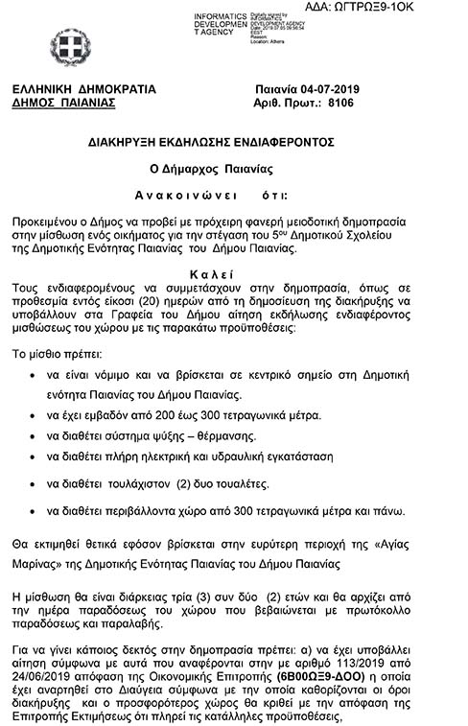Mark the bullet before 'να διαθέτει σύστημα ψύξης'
pyautogui.click(x=35, y=436)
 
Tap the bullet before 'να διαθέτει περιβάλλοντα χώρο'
pyautogui.click(x=35, y=510)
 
